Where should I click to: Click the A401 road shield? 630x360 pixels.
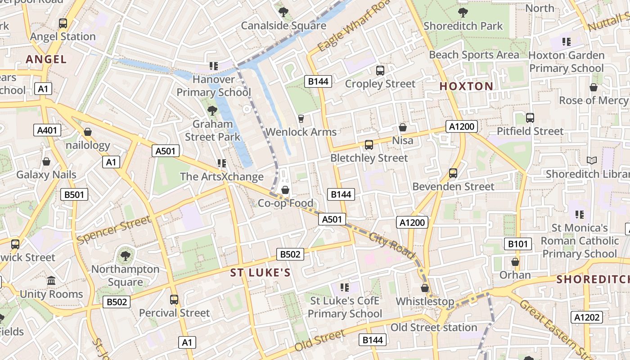pyautogui.click(x=47, y=130)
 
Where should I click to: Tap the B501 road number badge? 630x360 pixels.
pyautogui.click(x=74, y=194)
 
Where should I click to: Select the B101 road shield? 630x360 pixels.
pyautogui.click(x=517, y=244)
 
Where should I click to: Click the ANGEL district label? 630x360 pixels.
pyautogui.click(x=46, y=59)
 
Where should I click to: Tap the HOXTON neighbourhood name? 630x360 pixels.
pyautogui.click(x=466, y=86)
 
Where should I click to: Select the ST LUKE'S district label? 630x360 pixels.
pyautogui.click(x=260, y=273)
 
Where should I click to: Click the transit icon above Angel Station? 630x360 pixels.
pyautogui.click(x=63, y=23)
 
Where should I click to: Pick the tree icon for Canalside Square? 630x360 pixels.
pyautogui.click(x=283, y=12)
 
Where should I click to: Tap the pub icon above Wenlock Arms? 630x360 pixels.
pyautogui.click(x=301, y=119)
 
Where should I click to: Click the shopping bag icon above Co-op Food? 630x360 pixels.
pyautogui.click(x=285, y=190)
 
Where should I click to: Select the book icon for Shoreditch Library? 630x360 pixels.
pyautogui.click(x=591, y=160)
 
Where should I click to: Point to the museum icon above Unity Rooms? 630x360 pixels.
pyautogui.click(x=51, y=281)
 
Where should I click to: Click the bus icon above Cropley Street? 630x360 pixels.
pyautogui.click(x=380, y=70)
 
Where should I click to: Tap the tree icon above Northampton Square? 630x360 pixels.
pyautogui.click(x=125, y=256)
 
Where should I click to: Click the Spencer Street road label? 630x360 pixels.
pyautogui.click(x=113, y=230)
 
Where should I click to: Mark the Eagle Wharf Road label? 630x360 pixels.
pyautogui.click(x=353, y=26)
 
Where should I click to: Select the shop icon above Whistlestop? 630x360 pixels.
pyautogui.click(x=425, y=288)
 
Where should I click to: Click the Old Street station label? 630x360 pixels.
pyautogui.click(x=434, y=327)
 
